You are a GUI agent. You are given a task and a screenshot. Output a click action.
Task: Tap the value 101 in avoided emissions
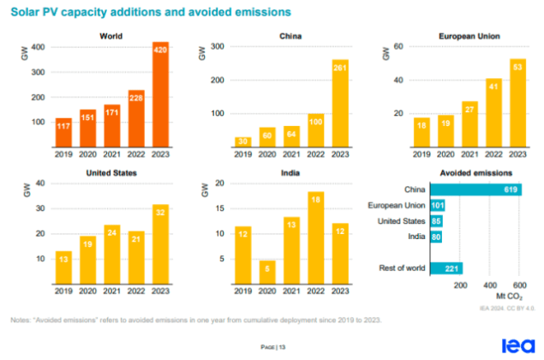(437, 206)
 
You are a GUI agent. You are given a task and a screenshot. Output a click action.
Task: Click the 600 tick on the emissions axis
(517, 285)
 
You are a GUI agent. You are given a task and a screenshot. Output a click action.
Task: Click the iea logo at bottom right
(516, 345)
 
